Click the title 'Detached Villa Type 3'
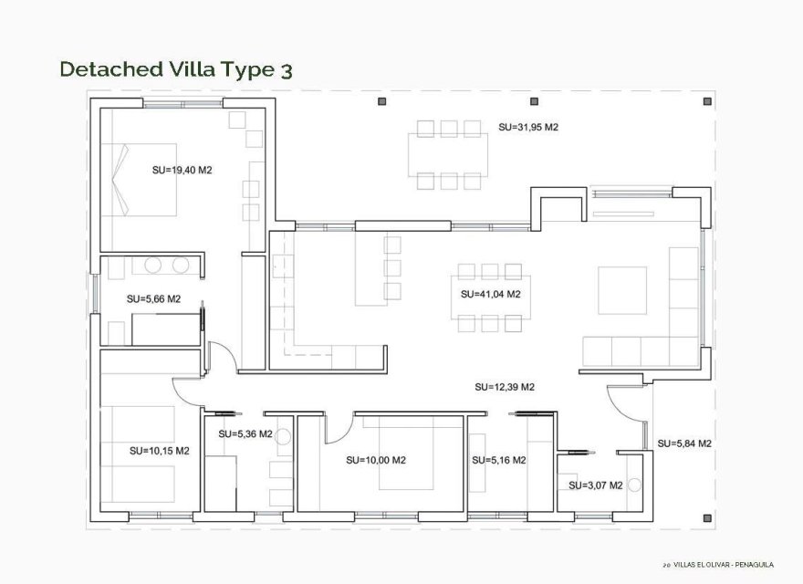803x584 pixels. coord(176,69)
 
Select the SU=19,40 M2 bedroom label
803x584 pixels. coord(182,170)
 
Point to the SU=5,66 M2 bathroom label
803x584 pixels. coord(153,298)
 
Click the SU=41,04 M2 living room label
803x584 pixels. coord(491,294)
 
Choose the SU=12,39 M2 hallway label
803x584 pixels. coord(504,387)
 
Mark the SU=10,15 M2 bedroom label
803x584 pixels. coord(159,450)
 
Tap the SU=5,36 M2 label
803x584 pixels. coord(245,434)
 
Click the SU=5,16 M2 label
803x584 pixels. coord(498,460)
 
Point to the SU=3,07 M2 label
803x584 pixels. coord(595,485)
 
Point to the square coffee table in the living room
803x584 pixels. coord(622,290)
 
